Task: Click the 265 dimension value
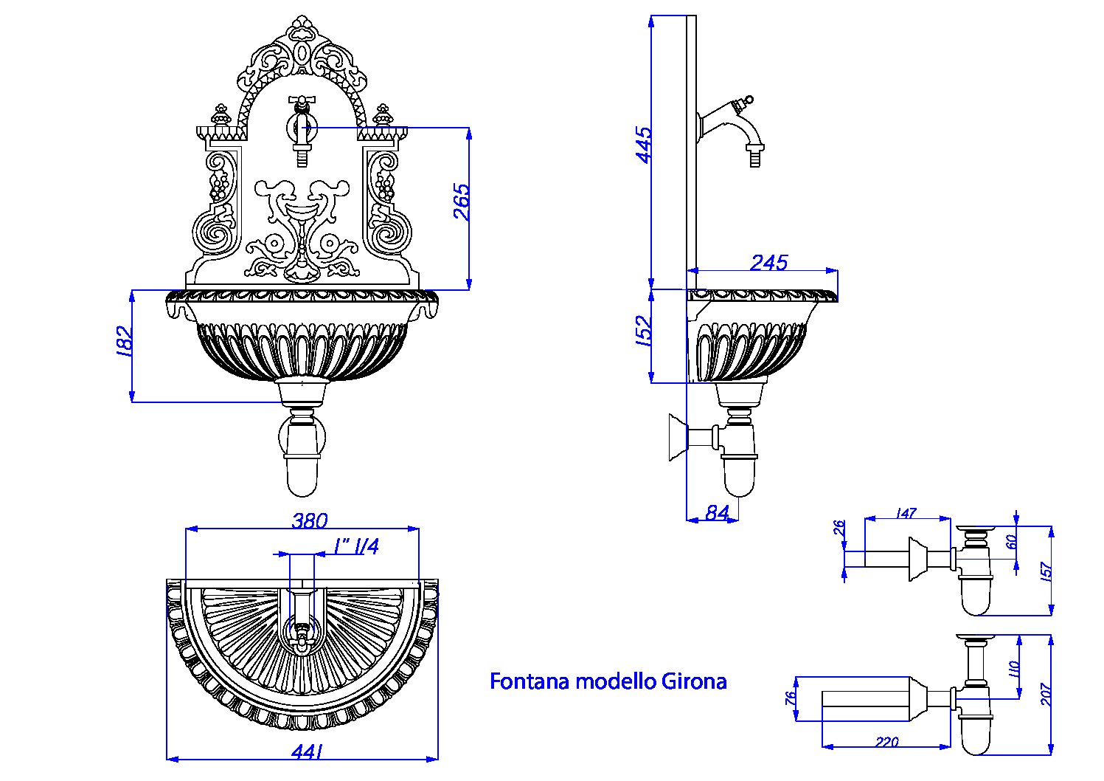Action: (x=461, y=202)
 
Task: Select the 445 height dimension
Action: (x=643, y=145)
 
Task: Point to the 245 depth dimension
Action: (x=768, y=262)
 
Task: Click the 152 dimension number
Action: (x=643, y=331)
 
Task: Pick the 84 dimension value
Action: (x=716, y=512)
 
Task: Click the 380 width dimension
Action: (x=309, y=520)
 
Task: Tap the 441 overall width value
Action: (x=309, y=752)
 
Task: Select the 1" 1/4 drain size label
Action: (x=355, y=547)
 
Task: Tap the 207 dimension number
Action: (x=1046, y=694)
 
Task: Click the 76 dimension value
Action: (x=791, y=698)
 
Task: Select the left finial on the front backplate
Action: (x=219, y=115)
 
